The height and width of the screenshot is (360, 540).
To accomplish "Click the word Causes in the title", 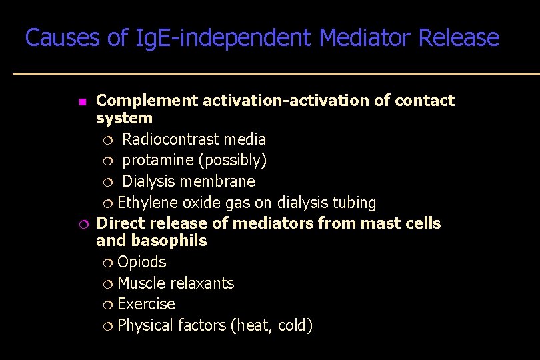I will [x=64, y=38].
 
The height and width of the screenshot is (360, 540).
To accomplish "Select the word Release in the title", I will [x=459, y=38].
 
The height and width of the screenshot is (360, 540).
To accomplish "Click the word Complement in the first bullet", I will [x=147, y=101].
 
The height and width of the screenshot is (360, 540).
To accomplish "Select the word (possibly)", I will [x=233, y=161].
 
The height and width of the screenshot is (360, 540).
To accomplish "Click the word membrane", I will [x=222, y=181].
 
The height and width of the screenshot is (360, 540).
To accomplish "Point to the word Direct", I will [x=119, y=223].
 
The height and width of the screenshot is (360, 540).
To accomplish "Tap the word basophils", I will [x=169, y=241].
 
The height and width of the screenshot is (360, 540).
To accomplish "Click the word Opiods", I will [x=141, y=262].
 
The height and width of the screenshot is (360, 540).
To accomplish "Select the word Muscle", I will [x=141, y=283].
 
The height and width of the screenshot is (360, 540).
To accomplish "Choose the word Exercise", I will [x=146, y=304].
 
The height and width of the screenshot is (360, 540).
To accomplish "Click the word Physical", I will [x=146, y=325].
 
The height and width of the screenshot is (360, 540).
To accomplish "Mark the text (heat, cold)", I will [x=271, y=325].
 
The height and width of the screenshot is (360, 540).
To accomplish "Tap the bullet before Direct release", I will [x=81, y=224].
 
